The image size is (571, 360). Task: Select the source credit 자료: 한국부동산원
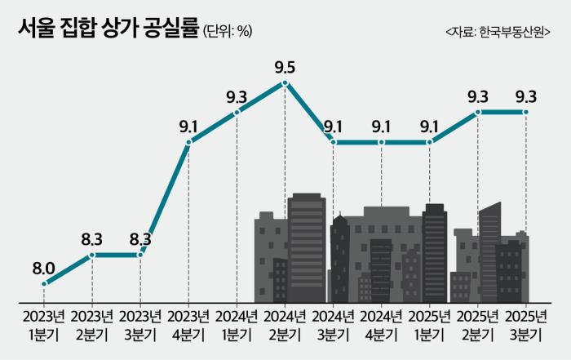[x=497, y=31]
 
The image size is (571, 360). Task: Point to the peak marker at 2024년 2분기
[x=285, y=82]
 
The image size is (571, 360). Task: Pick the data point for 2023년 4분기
[x=188, y=143]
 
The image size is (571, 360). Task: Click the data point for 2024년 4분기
[x=381, y=143]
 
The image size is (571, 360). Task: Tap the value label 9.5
[x=285, y=65]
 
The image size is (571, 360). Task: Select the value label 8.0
[x=43, y=267]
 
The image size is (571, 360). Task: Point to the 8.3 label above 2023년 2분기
[x=92, y=239]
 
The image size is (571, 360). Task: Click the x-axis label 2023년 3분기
[x=140, y=324]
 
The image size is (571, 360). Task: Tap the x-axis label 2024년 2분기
[x=285, y=324]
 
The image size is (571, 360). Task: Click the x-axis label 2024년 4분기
[x=381, y=324]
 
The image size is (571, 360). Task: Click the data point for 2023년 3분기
[x=140, y=255]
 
